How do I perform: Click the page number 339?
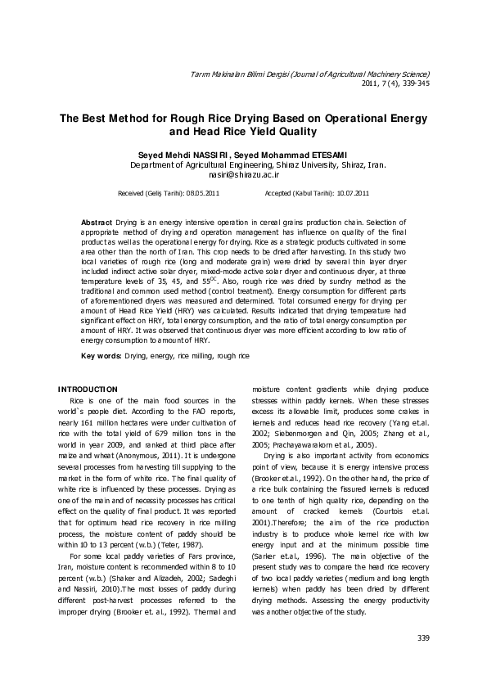[x=422, y=637]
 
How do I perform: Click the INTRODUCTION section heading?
[x=88, y=388]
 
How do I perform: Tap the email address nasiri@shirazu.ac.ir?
[x=244, y=174]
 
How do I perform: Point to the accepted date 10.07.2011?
[x=351, y=194]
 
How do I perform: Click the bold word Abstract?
[x=96, y=222]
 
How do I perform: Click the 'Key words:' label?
[x=101, y=356]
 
